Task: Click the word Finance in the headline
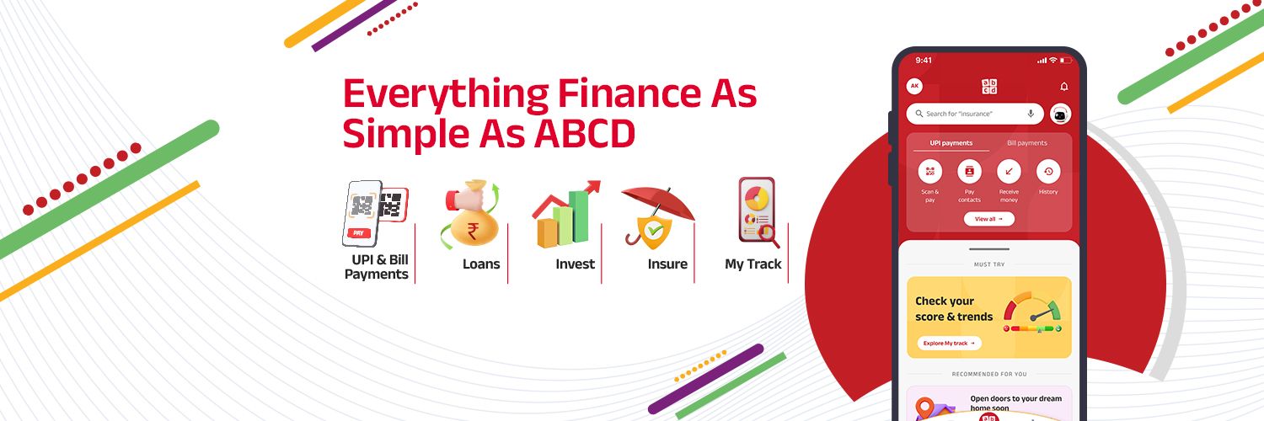pos(619,94)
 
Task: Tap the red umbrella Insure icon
pos(658,216)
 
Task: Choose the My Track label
pos(753,264)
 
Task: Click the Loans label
pos(481,264)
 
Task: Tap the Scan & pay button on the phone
pos(929,173)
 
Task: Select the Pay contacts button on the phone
pos(969,173)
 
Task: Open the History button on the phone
pos(1048,173)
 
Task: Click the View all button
pos(988,219)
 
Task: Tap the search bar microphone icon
pos(1031,114)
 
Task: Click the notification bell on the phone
pos(1063,87)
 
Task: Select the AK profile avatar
pos(914,87)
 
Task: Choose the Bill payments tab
pos(1026,143)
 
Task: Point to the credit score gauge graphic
pos(1032,312)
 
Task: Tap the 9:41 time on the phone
pos(924,61)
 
